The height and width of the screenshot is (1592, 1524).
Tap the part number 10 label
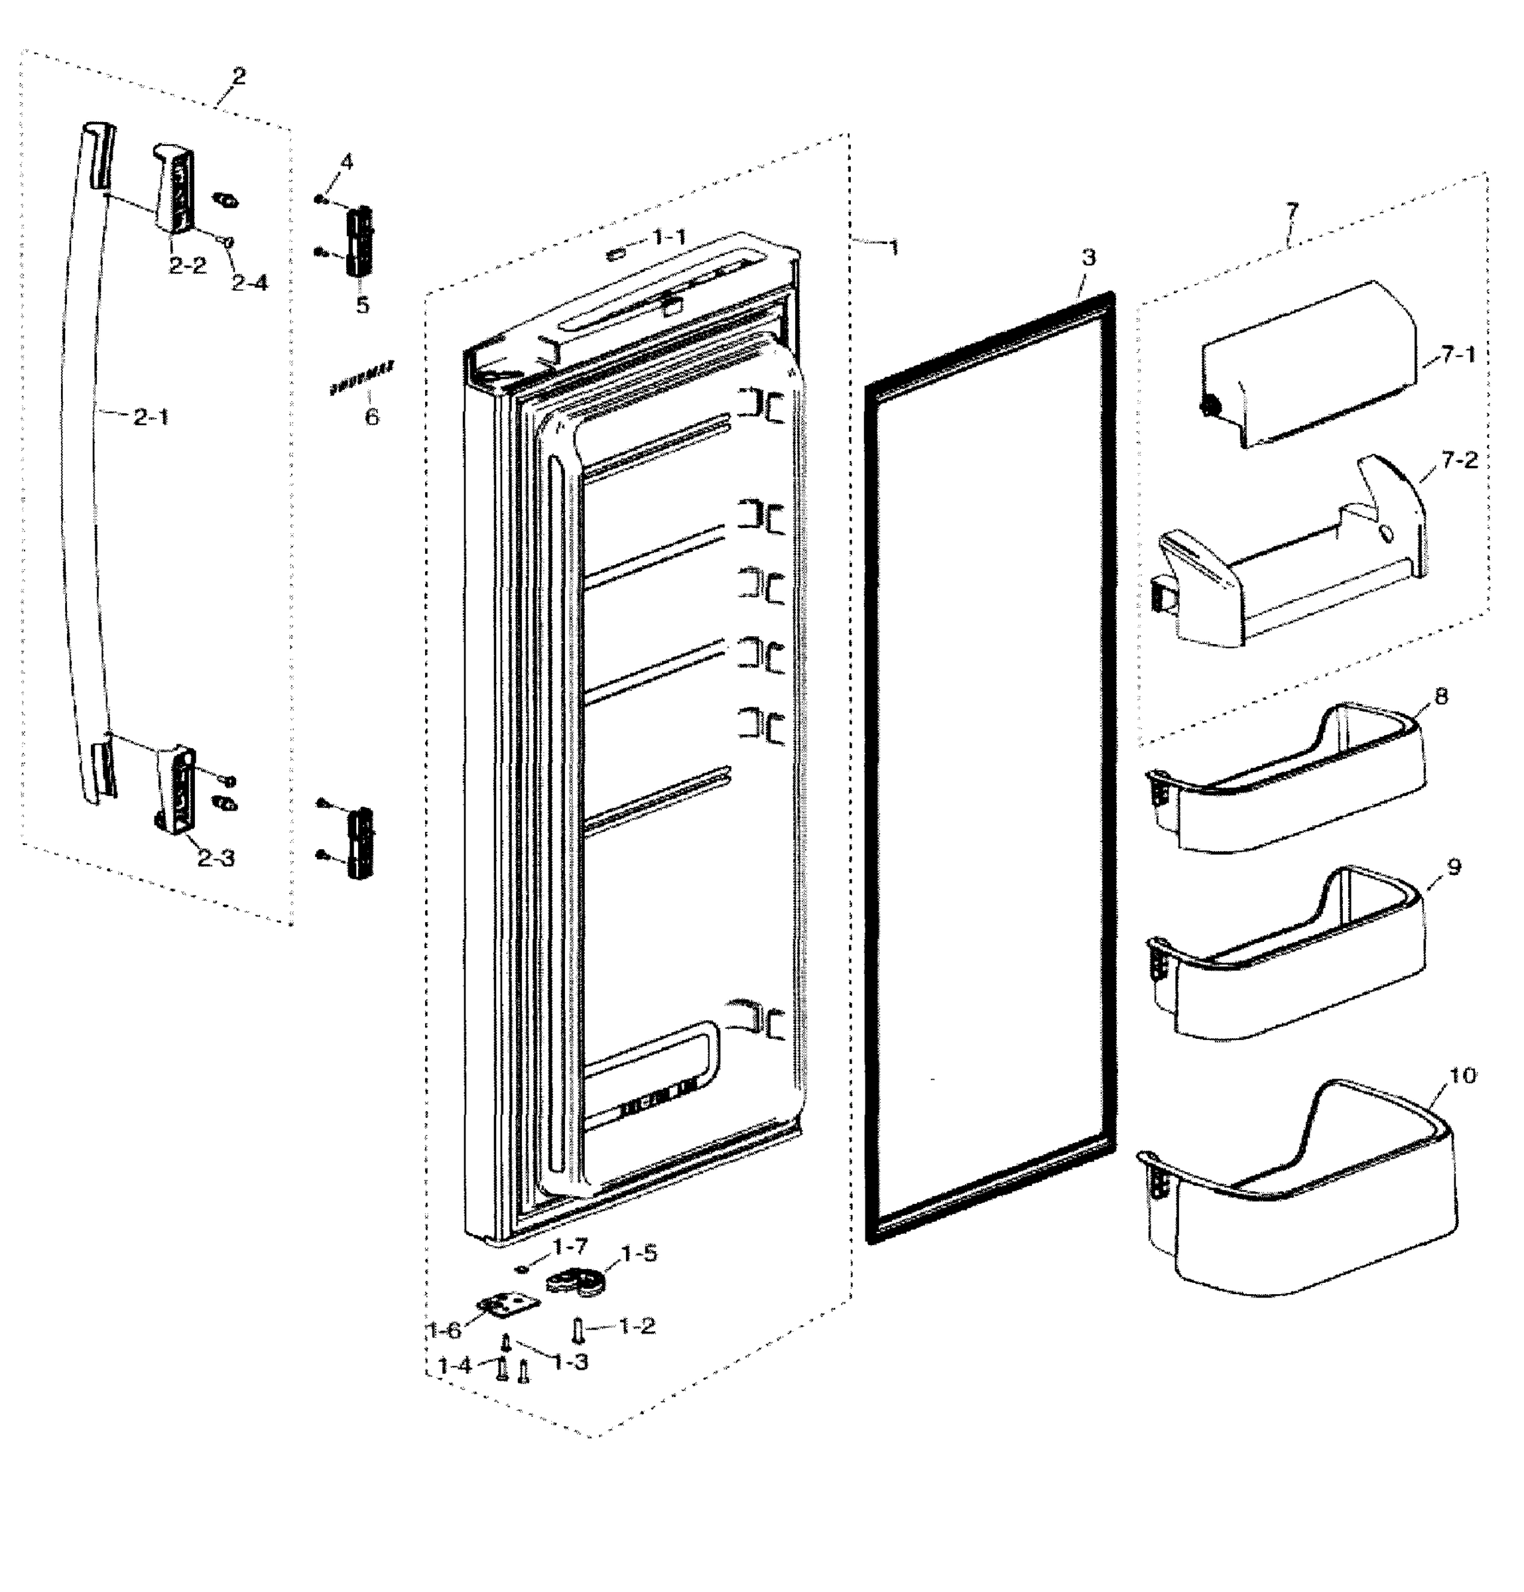(1462, 1075)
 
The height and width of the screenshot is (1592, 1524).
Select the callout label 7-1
(1459, 354)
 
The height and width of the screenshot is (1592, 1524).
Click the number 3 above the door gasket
(1089, 257)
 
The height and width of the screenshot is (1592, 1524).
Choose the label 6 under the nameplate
(371, 417)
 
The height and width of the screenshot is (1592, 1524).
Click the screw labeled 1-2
(578, 1329)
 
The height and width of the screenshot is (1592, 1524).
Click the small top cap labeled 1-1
(616, 253)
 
